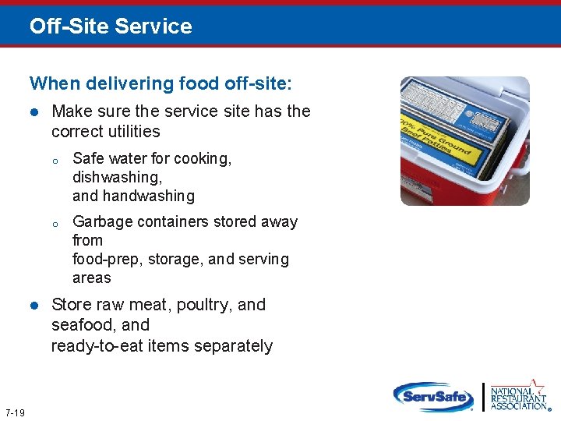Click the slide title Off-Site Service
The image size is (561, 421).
point(111,27)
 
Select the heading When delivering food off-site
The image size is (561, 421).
point(161,83)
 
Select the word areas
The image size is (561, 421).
point(91,278)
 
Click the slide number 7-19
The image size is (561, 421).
point(15,412)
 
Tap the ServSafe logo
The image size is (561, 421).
point(432,395)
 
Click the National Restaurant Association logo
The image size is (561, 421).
point(518,395)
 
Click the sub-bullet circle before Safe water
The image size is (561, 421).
point(56,161)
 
